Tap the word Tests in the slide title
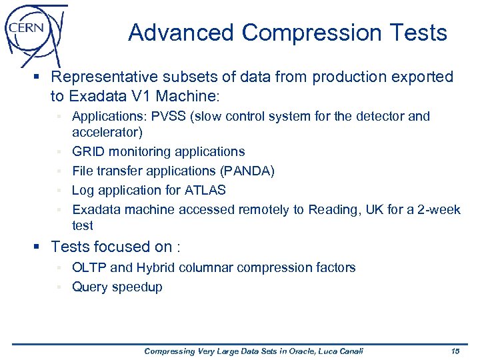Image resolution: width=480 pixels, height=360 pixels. pos(417,33)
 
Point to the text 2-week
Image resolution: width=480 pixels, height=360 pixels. pos(437,210)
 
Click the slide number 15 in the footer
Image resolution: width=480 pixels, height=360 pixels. pos(455,351)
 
